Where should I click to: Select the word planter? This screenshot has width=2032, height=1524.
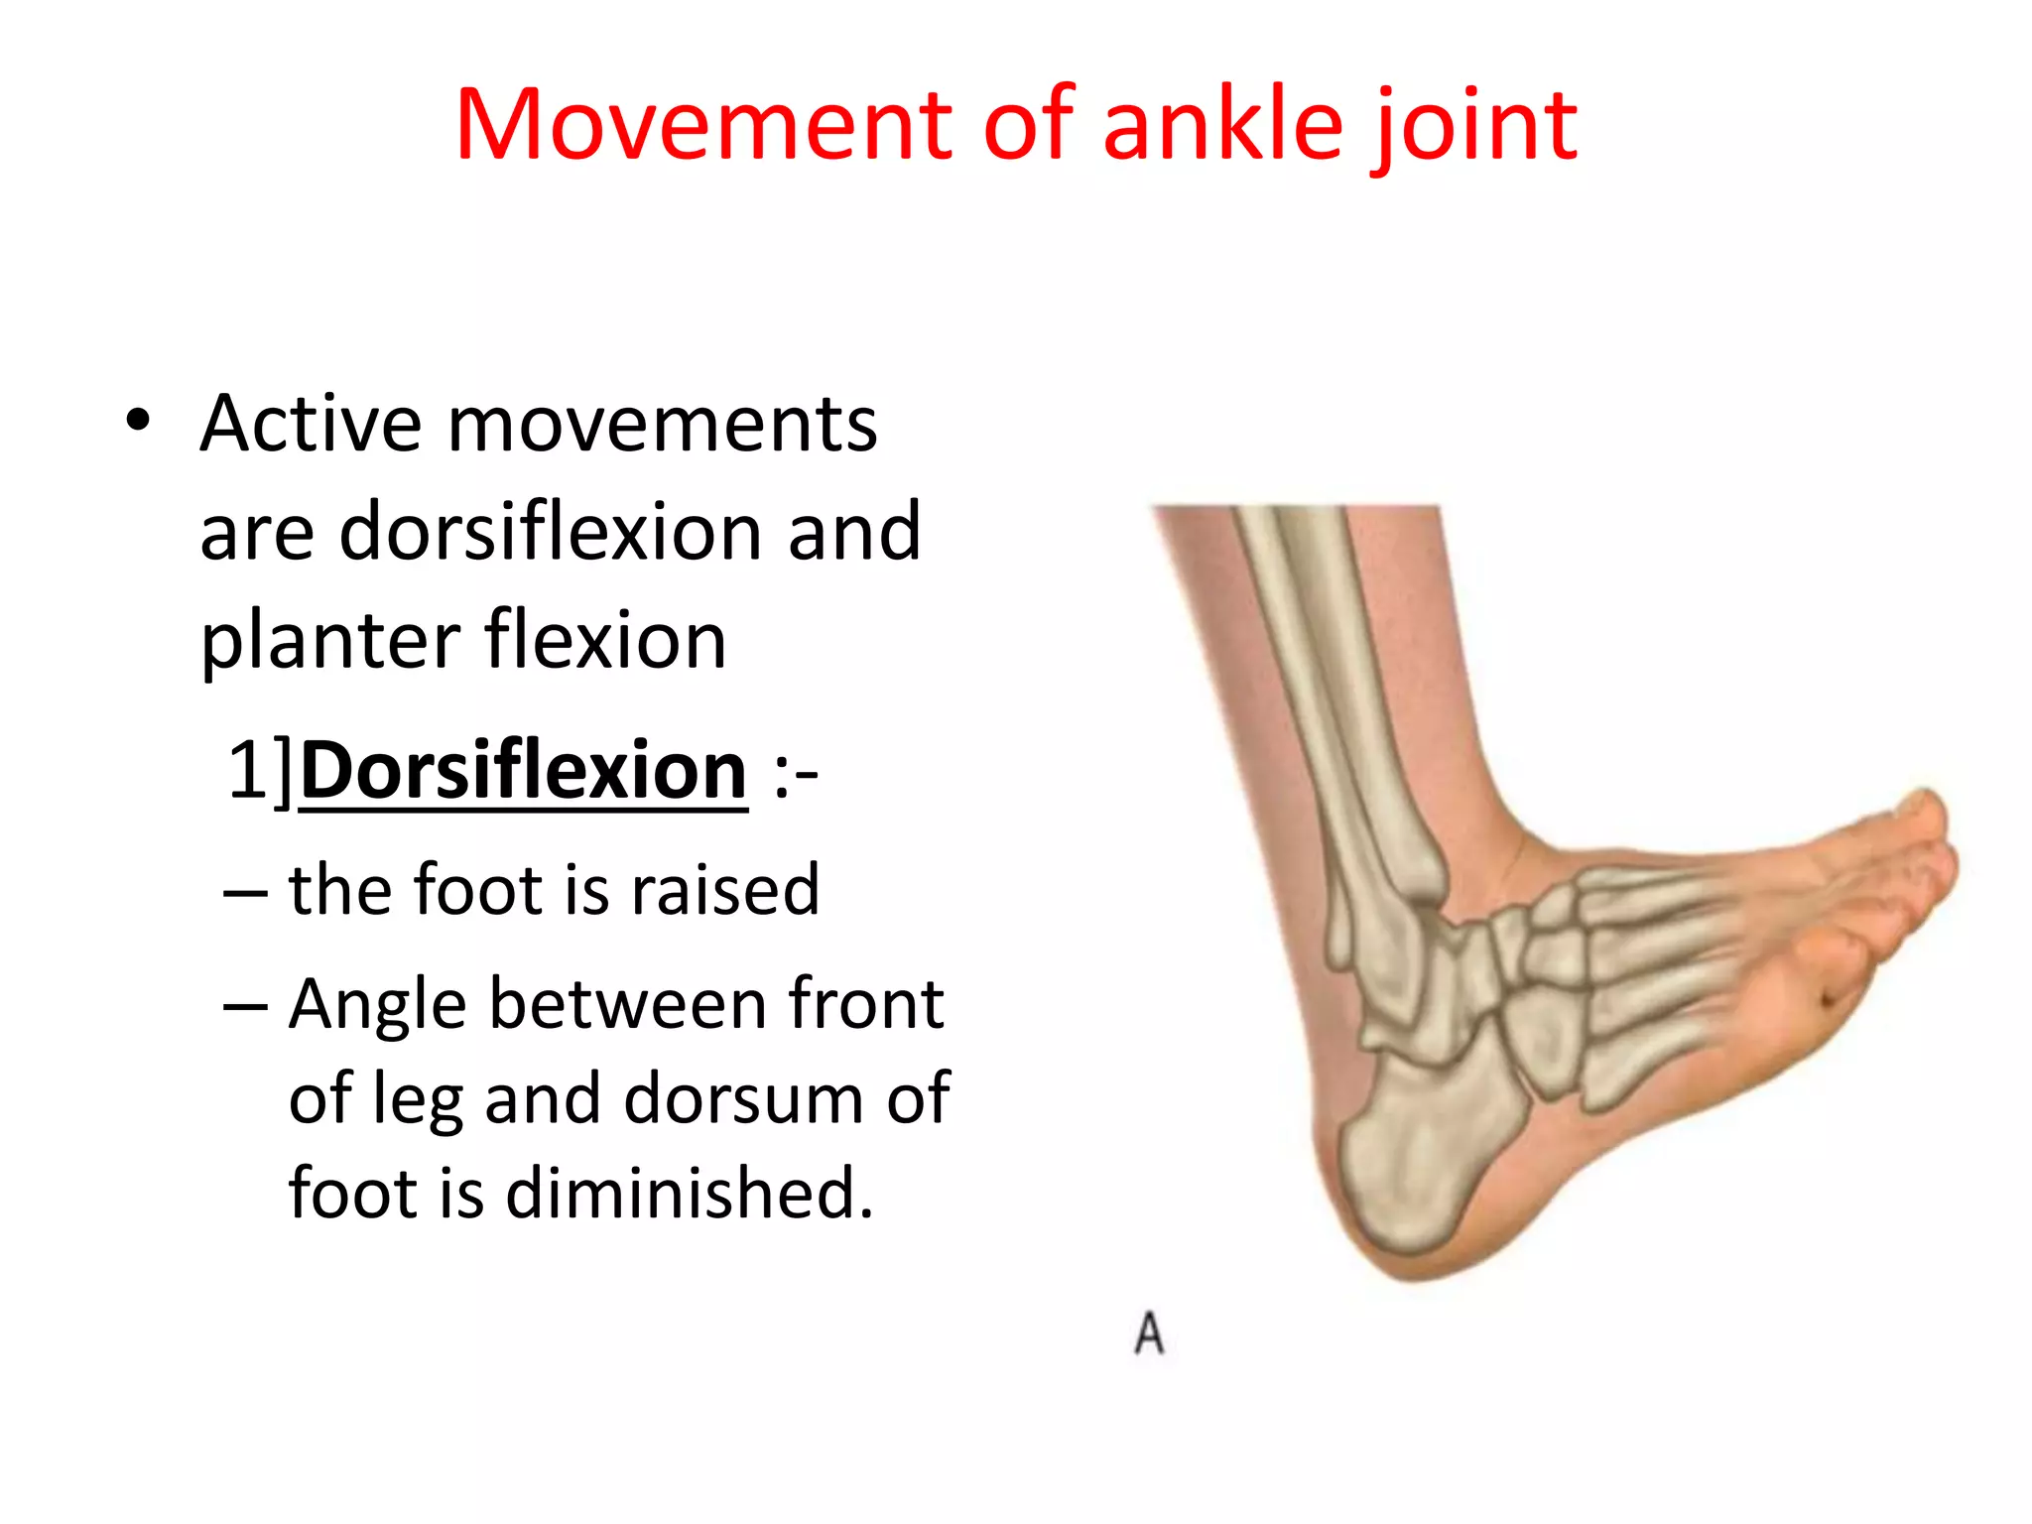[x=328, y=643]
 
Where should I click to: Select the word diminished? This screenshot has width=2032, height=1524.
[x=690, y=1193]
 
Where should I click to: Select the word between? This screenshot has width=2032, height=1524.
[x=627, y=1004]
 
